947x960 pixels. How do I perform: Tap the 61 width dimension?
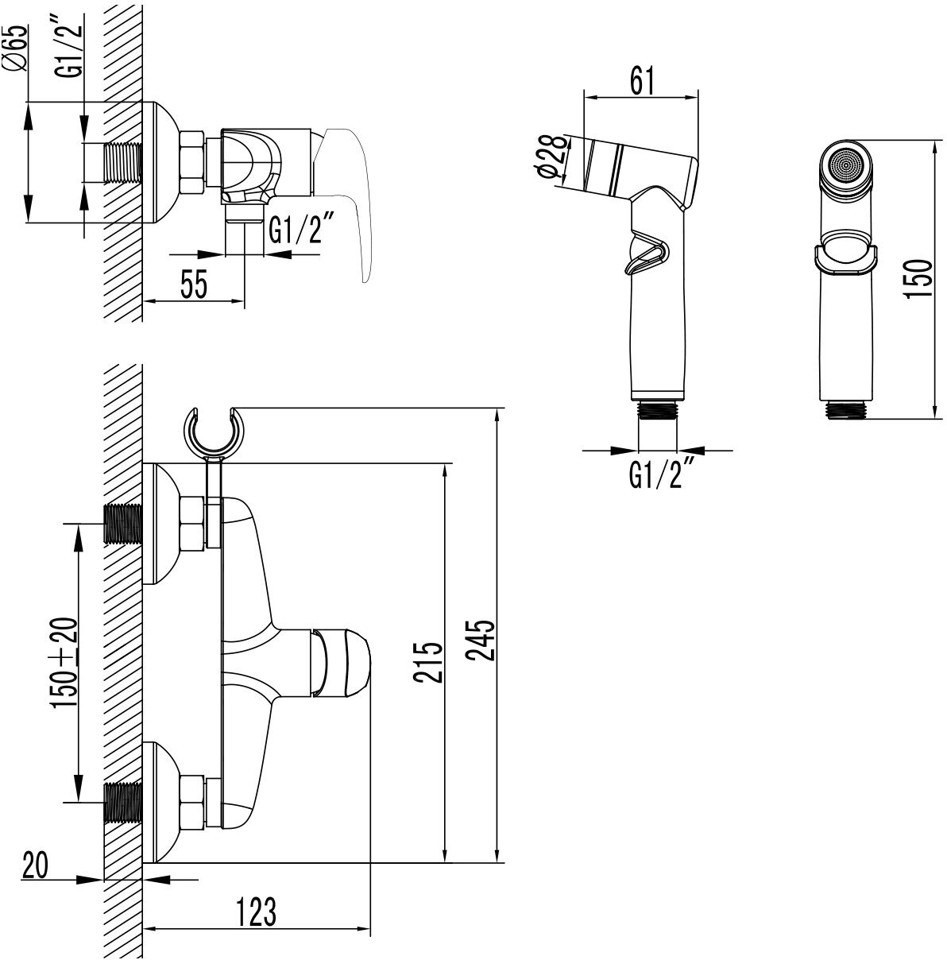pos(642,79)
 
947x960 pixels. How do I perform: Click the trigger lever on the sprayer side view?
pos(647,253)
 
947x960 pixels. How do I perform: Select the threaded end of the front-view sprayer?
pos(848,410)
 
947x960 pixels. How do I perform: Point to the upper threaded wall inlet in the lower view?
pos(123,523)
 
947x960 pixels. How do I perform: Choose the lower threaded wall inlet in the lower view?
pos(123,801)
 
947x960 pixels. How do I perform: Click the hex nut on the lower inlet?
pos(193,801)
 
